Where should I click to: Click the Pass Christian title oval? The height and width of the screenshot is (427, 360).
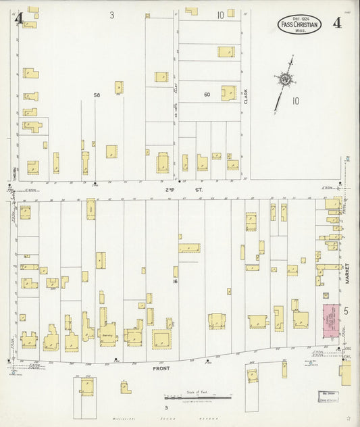click(x=300, y=25)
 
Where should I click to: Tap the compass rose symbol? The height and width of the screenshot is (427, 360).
click(x=286, y=81)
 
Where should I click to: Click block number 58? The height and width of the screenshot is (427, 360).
click(x=97, y=95)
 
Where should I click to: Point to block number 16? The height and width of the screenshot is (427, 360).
click(x=175, y=280)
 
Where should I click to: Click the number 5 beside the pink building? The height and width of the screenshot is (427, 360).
click(x=345, y=311)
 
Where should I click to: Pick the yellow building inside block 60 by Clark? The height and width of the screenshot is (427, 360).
click(x=228, y=93)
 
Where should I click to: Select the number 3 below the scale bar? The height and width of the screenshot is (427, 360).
click(x=165, y=408)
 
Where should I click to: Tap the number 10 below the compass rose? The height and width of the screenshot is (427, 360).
click(x=295, y=101)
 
